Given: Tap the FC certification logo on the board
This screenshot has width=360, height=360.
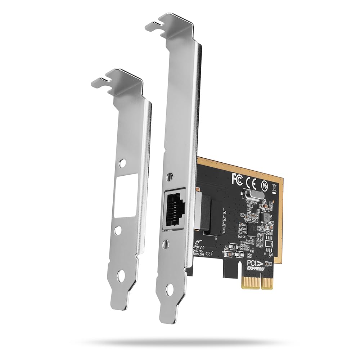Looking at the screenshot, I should click(237, 177).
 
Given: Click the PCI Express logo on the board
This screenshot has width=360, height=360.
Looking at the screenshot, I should click(256, 266).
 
